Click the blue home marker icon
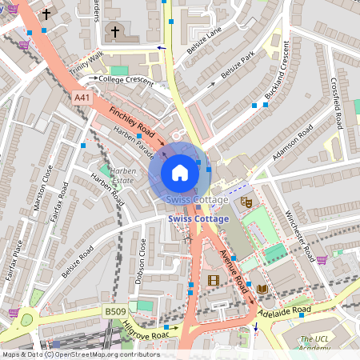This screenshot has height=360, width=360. pos(180,172)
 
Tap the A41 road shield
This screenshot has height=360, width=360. pos(82,97)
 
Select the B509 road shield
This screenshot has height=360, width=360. pos(93,310)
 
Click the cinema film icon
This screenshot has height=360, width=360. pos(213,280)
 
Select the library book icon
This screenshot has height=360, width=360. pos(262,288)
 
